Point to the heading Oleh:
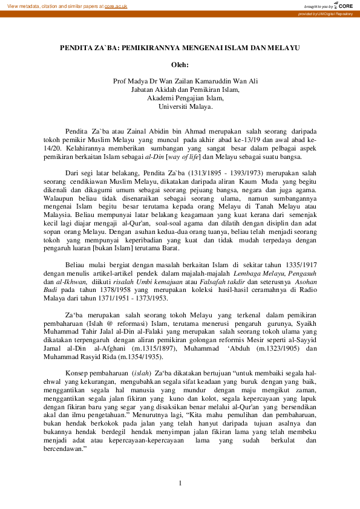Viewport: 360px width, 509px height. (180, 64)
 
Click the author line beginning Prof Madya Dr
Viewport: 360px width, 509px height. (180, 81)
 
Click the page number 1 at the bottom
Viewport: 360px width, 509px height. (180, 482)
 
